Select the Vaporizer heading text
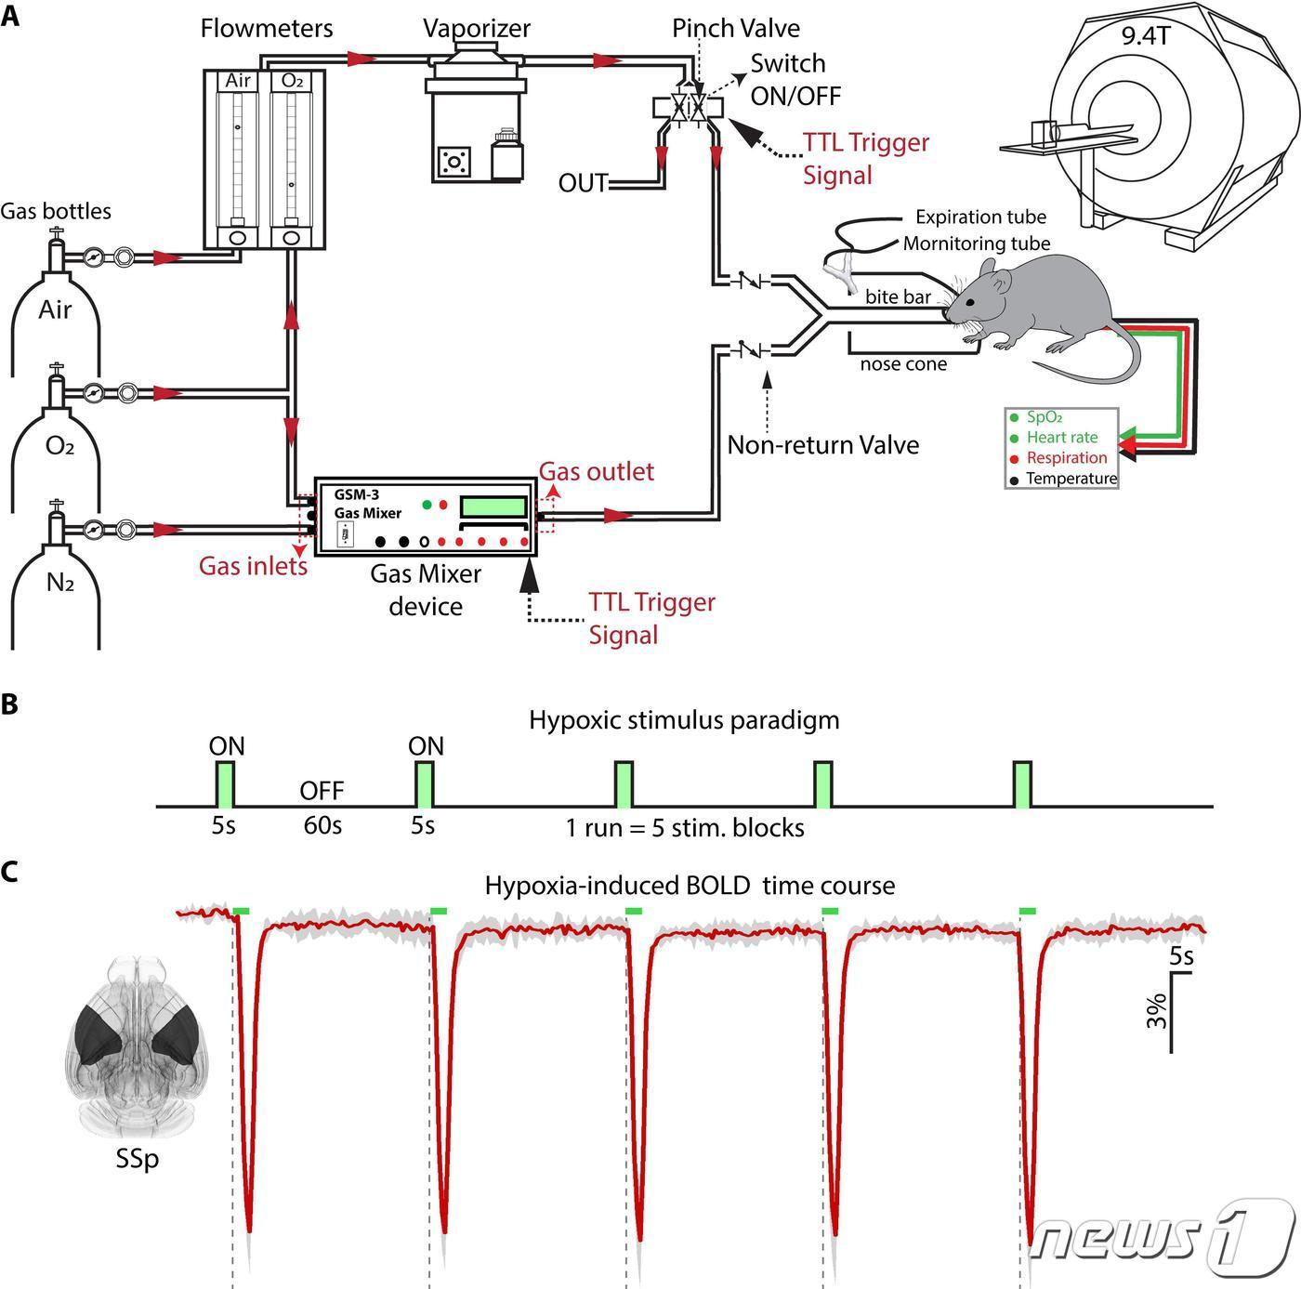pos(477,28)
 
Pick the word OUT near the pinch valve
pos(583,183)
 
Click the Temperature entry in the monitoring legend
pos(1071,479)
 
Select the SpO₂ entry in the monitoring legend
pos(1044,418)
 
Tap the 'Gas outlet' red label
pos(597,471)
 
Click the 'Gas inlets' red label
pos(253,565)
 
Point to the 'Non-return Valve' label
pos(822,445)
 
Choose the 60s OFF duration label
pos(322,825)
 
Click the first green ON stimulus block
pos(225,784)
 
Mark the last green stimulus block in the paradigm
pos(1022,784)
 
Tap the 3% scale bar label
pos(1155,1010)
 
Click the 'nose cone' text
pos(903,364)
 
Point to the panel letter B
pos(9,704)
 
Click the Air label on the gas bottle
pos(55,309)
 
